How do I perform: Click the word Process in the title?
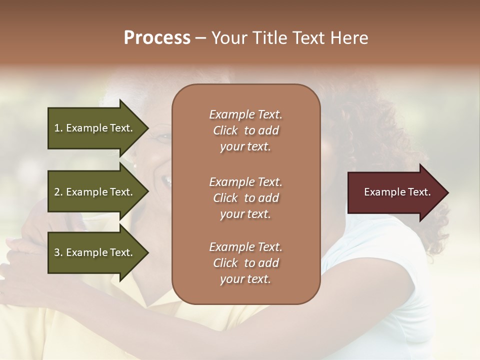157,38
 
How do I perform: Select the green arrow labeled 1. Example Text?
95,128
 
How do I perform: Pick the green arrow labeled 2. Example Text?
95,192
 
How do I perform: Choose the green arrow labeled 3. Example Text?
95,252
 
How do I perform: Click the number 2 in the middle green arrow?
57,192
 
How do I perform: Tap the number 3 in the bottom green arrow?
57,252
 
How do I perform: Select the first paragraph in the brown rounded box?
245,130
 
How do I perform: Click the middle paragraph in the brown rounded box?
245,198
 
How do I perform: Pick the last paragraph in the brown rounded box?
245,263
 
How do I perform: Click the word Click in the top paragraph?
225,130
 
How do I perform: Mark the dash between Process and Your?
201,38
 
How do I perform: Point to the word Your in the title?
229,38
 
